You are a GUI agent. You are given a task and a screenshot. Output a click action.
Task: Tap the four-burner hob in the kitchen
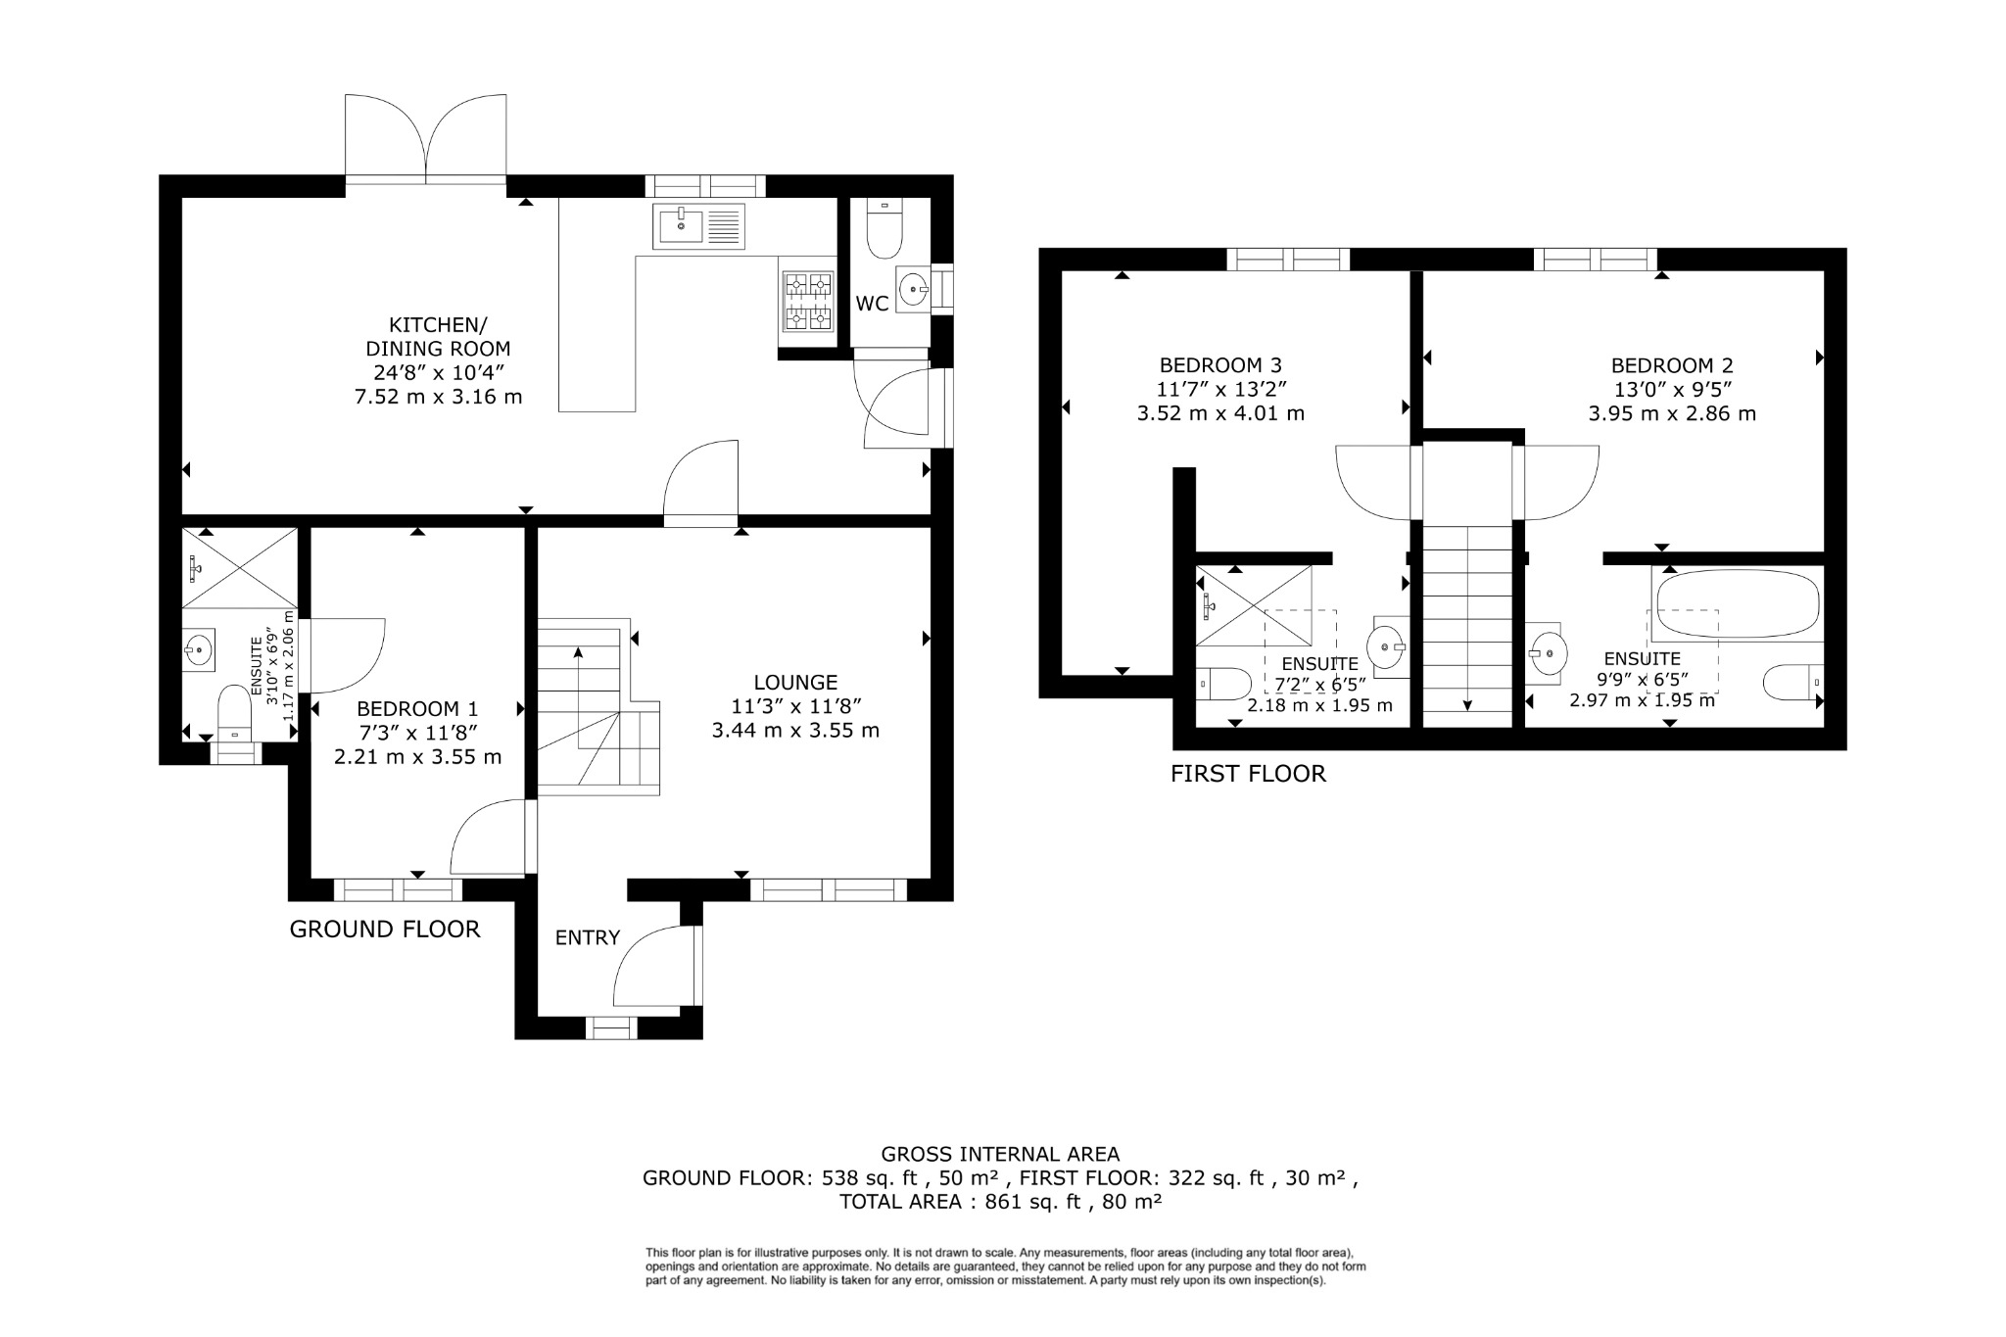pyautogui.click(x=807, y=301)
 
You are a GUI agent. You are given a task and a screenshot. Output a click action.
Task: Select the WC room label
pyautogui.click(x=872, y=304)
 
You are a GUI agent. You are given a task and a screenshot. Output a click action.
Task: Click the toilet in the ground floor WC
pyautogui.click(x=884, y=232)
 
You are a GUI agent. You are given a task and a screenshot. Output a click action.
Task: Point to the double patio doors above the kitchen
pyautogui.click(x=426, y=137)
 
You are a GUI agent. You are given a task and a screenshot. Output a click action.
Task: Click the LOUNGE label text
pyautogui.click(x=795, y=683)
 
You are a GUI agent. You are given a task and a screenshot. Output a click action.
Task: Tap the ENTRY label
pyautogui.click(x=588, y=937)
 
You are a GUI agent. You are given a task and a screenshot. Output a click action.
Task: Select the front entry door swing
pyautogui.click(x=651, y=970)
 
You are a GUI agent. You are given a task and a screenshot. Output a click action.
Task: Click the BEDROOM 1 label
pyautogui.click(x=417, y=708)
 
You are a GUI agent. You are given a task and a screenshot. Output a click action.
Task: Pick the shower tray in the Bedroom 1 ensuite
pyautogui.click(x=240, y=568)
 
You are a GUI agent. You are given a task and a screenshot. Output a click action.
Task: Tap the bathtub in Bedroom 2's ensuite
pyautogui.click(x=1736, y=603)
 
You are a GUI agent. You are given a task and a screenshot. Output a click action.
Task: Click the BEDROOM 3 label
pyautogui.click(x=1220, y=365)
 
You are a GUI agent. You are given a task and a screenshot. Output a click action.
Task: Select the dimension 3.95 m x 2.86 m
pyautogui.click(x=1672, y=413)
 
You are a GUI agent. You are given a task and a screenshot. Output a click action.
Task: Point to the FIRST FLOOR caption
pyautogui.click(x=1248, y=774)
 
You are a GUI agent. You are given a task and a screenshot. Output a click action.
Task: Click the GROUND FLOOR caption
pyautogui.click(x=385, y=929)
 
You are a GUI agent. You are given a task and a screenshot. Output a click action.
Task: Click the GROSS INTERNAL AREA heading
pyautogui.click(x=1000, y=1154)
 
